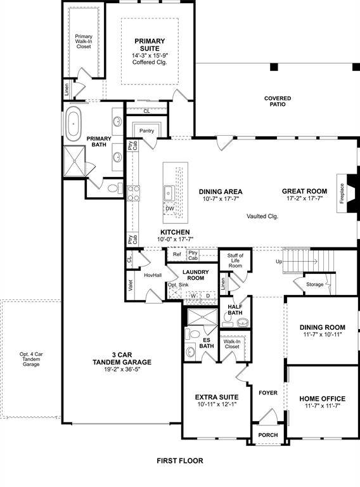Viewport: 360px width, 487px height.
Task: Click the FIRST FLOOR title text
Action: pyautogui.click(x=180, y=461)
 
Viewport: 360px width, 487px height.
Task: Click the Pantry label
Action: pyautogui.click(x=147, y=131)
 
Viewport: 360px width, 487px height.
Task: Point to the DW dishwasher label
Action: pyautogui.click(x=170, y=208)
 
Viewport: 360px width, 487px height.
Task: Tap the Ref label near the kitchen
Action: pyautogui.click(x=177, y=254)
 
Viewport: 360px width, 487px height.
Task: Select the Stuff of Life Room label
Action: pyautogui.click(x=235, y=261)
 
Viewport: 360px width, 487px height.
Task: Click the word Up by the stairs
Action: pyautogui.click(x=278, y=261)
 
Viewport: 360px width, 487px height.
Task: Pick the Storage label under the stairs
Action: pyautogui.click(x=314, y=285)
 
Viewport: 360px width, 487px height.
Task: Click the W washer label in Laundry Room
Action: pyautogui.click(x=192, y=295)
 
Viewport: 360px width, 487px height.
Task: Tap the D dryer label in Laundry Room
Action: pyautogui.click(x=208, y=295)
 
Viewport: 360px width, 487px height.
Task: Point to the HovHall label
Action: pyautogui.click(x=153, y=275)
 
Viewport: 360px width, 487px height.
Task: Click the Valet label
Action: pyautogui.click(x=130, y=284)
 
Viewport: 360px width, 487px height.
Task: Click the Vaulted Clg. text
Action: pyautogui.click(x=262, y=216)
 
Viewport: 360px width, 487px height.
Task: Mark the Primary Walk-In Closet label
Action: pyautogui.click(x=84, y=41)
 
